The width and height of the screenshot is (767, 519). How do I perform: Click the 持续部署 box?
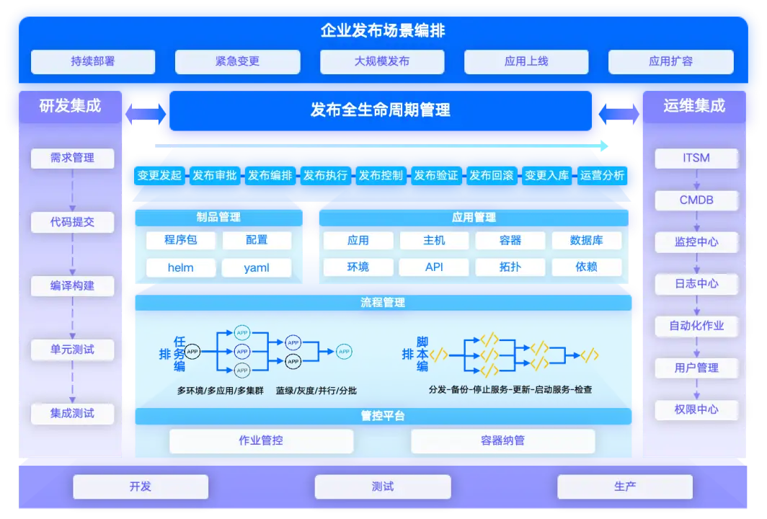pos(93,62)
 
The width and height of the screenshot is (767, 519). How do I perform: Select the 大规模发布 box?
pos(382,62)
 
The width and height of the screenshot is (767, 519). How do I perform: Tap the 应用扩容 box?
pos(670,62)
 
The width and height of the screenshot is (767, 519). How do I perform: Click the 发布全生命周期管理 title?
pos(381,110)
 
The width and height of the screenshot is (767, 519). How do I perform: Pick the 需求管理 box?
pos(72,158)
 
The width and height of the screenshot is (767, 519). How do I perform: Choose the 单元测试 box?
pos(72,350)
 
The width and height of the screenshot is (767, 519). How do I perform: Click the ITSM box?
pos(696,158)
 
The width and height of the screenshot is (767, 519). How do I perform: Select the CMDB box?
pos(696,200)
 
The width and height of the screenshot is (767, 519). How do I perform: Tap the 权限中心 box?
pos(696,409)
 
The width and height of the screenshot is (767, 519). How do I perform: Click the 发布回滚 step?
pos(491,175)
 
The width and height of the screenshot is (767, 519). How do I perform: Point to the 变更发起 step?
pos(159,175)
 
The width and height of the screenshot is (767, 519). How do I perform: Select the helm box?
pos(180,267)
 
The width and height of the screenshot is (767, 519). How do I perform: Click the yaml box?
pos(257,267)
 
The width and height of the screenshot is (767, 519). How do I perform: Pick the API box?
pos(434,267)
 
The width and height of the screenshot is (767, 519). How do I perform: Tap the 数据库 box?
pos(586,240)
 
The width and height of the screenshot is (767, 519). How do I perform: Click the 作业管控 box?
pos(261,440)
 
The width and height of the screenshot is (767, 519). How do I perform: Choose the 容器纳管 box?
pos(502,440)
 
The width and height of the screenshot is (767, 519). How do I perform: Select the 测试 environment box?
pos(383,487)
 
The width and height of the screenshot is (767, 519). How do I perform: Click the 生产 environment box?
pos(625,487)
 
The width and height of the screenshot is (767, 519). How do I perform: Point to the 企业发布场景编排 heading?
pos(383,30)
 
